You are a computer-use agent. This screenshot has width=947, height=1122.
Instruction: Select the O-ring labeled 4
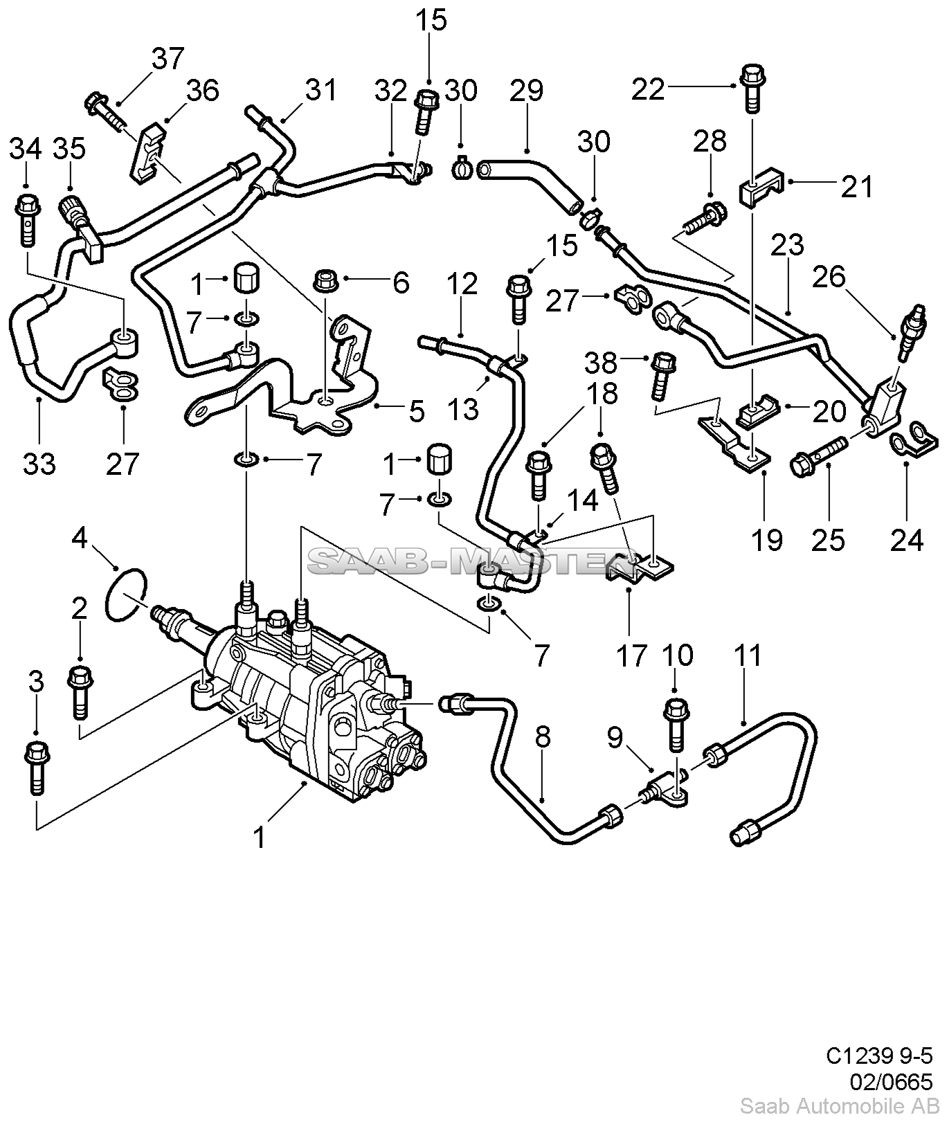[x=126, y=594]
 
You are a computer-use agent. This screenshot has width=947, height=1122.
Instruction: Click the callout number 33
[x=39, y=463]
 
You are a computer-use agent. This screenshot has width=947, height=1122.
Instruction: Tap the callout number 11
[x=748, y=655]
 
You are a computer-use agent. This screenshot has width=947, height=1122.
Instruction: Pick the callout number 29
[x=527, y=91]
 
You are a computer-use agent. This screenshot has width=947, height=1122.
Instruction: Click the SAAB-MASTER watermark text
[x=460, y=561]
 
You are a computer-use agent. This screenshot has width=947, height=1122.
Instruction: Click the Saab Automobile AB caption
[x=836, y=1105]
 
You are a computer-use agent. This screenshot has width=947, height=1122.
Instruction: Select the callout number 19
[x=767, y=538]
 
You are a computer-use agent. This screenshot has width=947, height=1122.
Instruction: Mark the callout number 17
[x=631, y=655]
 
